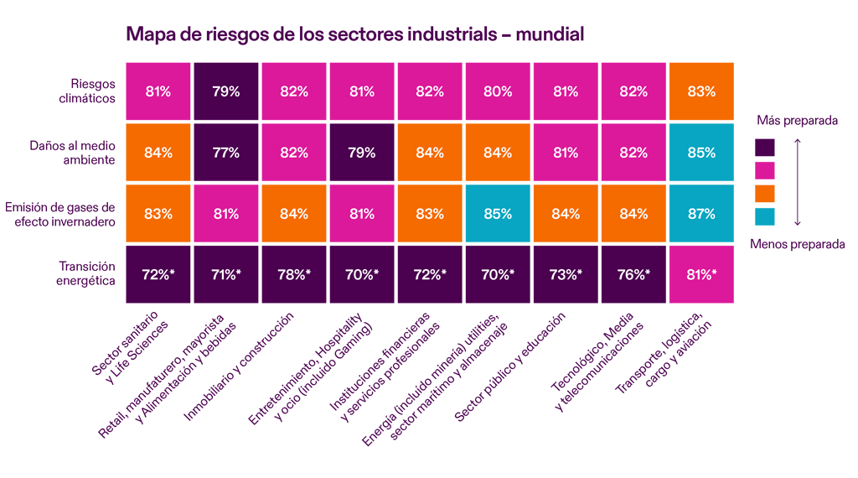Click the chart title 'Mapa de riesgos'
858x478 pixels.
pyautogui.click(x=354, y=34)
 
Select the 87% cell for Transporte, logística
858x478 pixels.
pyautogui.click(x=701, y=214)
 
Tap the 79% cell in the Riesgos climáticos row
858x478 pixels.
pyautogui.click(x=226, y=91)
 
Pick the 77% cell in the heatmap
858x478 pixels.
pyautogui.click(x=226, y=153)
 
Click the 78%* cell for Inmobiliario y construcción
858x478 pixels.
pyautogui.click(x=294, y=274)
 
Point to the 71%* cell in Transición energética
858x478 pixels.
pyautogui.click(x=226, y=274)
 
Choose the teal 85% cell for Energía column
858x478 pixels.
pyautogui.click(x=498, y=214)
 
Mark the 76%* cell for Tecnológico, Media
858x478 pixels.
pyautogui.click(x=633, y=274)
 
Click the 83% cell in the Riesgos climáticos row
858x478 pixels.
pyautogui.click(x=701, y=91)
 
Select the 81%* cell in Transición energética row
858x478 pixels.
pyautogui.click(x=701, y=274)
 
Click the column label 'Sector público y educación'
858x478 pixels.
pyautogui.click(x=510, y=366)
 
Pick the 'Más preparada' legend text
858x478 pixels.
pyautogui.click(x=797, y=121)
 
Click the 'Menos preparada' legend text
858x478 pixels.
pyautogui.click(x=797, y=243)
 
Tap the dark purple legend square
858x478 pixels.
pyautogui.click(x=764, y=148)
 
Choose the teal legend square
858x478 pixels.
pyautogui.click(x=764, y=216)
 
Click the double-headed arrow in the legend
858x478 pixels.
pyautogui.click(x=798, y=182)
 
